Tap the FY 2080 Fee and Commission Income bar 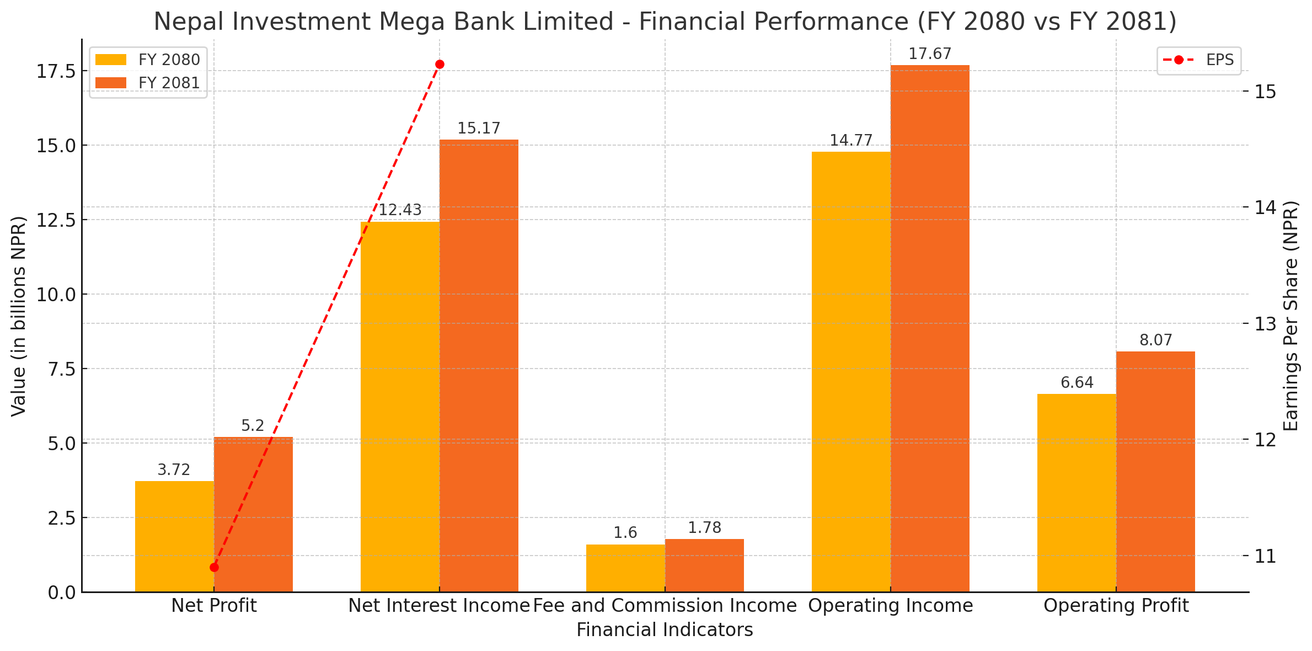coord(625,568)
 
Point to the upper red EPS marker coord(440,65)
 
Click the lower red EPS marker coord(214,568)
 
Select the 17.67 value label coord(930,54)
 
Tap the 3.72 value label coord(174,470)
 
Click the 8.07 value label coord(1155,340)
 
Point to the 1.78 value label coord(704,528)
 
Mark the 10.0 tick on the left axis coord(56,295)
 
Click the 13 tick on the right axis coord(1266,324)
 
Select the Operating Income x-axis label coord(890,606)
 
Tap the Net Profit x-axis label coord(214,606)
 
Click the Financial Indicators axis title coord(665,630)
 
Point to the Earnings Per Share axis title coord(1291,316)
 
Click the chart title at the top coord(665,22)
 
